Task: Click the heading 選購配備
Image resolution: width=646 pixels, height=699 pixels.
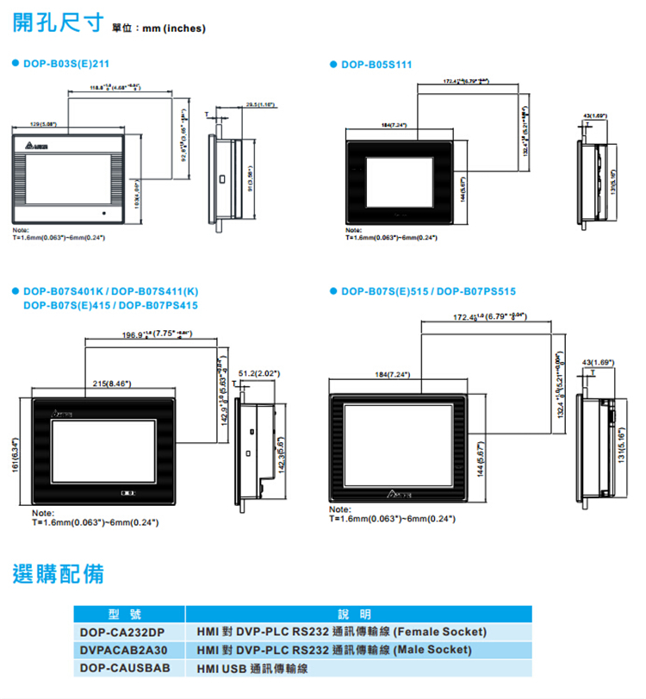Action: coord(59,573)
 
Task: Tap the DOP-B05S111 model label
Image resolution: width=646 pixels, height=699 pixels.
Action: coord(376,65)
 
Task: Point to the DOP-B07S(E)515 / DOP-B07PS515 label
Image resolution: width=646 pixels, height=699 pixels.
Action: coord(428,291)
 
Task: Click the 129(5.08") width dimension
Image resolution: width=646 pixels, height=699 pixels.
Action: coord(43,124)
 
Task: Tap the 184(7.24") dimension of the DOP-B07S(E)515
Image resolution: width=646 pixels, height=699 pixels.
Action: coord(392,374)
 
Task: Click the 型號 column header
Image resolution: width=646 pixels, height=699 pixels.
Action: coord(129,614)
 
